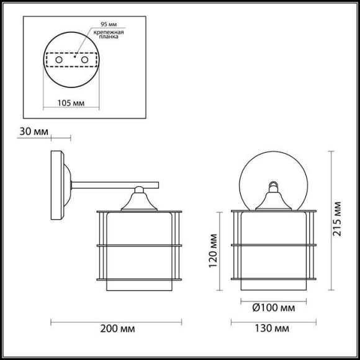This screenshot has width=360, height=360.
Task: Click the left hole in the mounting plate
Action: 58,60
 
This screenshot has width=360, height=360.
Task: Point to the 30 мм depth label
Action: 33,132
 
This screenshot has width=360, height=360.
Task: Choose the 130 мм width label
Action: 276,328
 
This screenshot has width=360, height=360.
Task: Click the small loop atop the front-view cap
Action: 274,184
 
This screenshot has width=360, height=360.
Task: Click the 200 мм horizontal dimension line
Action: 116,322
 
